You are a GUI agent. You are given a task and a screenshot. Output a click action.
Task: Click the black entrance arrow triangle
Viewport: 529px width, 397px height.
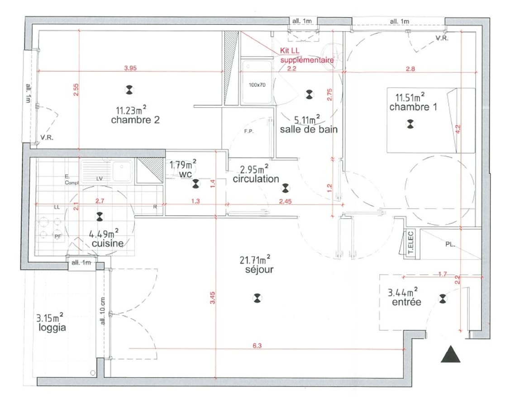tap(450, 354)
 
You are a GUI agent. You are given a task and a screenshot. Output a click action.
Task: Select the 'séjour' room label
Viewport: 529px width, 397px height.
tap(256, 269)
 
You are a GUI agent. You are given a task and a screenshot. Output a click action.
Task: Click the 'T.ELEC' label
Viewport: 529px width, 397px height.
tap(412, 246)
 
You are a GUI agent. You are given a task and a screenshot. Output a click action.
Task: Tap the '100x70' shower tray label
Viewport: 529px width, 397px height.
tap(257, 85)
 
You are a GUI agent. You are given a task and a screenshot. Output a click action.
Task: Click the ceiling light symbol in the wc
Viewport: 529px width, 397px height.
tap(195, 184)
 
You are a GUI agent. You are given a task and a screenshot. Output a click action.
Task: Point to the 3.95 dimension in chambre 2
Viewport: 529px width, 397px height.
tap(130, 68)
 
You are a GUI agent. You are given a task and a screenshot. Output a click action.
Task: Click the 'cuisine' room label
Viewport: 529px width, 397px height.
tap(107, 243)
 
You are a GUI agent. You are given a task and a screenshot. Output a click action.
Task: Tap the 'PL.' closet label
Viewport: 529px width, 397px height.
tap(450, 244)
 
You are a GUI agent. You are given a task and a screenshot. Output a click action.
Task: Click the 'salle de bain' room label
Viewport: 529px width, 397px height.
tap(309, 130)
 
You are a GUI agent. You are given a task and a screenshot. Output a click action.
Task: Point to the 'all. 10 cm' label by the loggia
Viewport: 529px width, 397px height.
tap(103, 312)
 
